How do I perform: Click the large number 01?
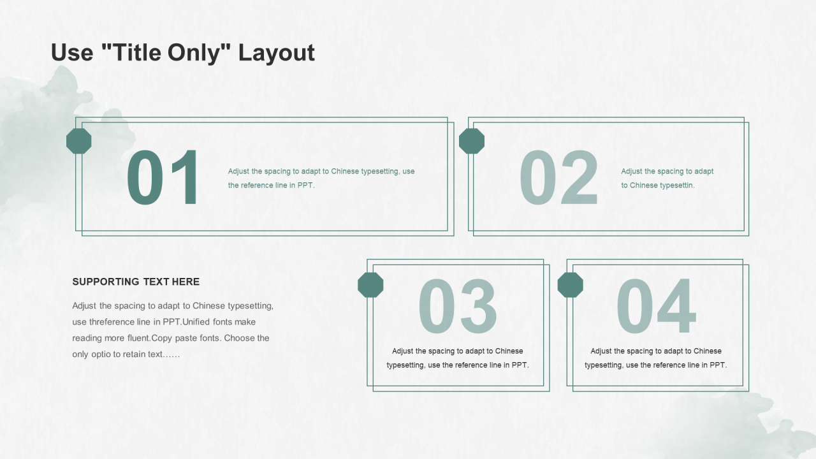[x=163, y=178]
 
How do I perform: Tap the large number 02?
[x=559, y=177]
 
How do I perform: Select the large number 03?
[x=458, y=305]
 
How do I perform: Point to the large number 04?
[x=656, y=305]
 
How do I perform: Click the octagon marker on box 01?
[x=78, y=141]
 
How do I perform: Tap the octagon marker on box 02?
[x=472, y=141]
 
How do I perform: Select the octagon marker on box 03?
[x=370, y=285]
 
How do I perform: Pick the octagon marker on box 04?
[x=570, y=285]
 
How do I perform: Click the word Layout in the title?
[x=277, y=53]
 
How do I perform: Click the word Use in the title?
[x=72, y=53]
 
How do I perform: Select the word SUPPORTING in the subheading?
[x=106, y=282]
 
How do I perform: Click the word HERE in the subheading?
[x=186, y=282]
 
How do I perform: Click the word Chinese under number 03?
[x=509, y=351]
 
